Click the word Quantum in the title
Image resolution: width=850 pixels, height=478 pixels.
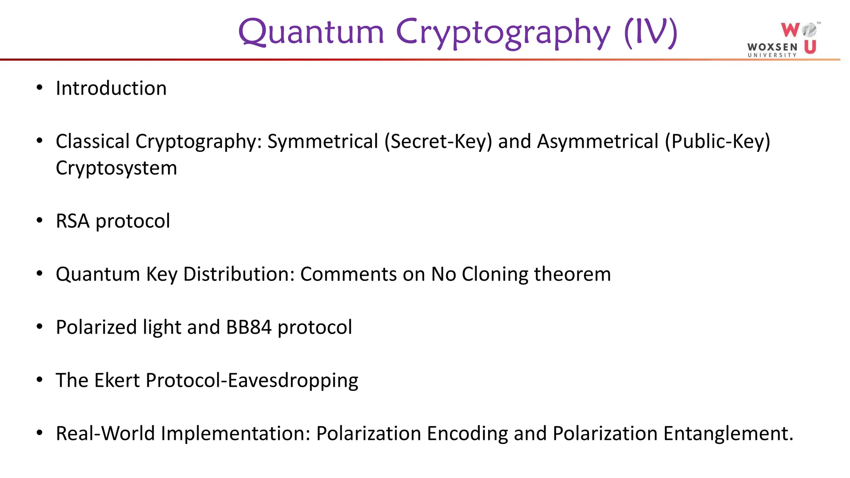pyautogui.click(x=311, y=32)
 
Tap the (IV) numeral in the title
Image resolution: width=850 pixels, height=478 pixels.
pyautogui.click(x=650, y=32)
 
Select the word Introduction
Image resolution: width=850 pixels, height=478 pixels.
pyautogui.click(x=111, y=88)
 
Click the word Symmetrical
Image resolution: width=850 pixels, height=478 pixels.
pyautogui.click(x=322, y=141)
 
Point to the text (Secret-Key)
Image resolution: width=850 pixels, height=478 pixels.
pyautogui.click(x=438, y=141)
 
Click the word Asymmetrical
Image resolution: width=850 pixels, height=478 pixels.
pyautogui.click(x=598, y=141)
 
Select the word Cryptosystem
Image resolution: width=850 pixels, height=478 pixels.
pyautogui.click(x=116, y=168)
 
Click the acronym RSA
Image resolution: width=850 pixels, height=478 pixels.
pyautogui.click(x=73, y=221)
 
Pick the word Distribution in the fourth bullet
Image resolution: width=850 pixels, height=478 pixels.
pyautogui.click(x=239, y=274)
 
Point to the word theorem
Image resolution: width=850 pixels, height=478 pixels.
pyautogui.click(x=572, y=274)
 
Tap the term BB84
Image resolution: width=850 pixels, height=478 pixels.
pyautogui.click(x=249, y=327)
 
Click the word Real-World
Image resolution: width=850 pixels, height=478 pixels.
pyautogui.click(x=105, y=434)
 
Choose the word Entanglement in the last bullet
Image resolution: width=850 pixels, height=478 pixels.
pyautogui.click(x=728, y=434)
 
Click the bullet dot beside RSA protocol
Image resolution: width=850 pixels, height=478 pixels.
pyautogui.click(x=39, y=220)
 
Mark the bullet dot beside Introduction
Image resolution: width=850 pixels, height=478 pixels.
pyautogui.click(x=39, y=88)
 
